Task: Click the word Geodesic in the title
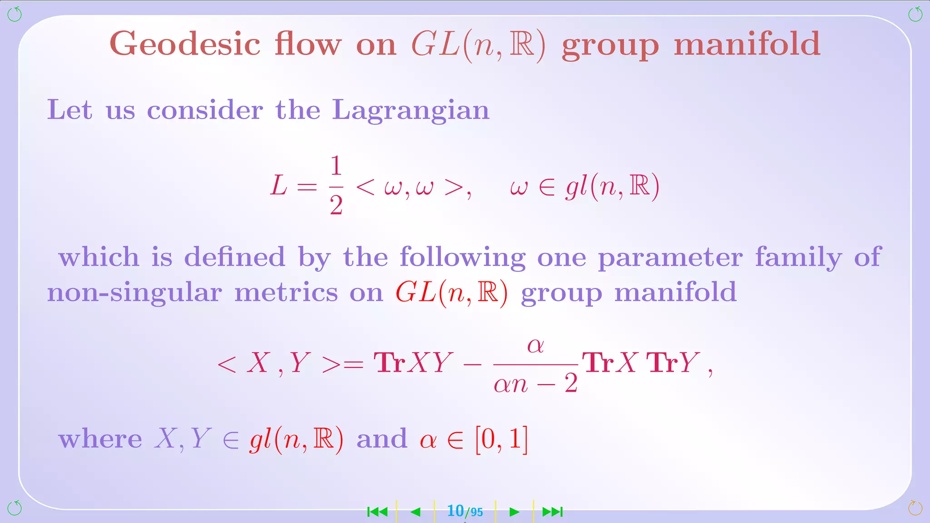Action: click(185, 44)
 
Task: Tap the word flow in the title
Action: click(307, 44)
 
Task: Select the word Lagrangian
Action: click(411, 110)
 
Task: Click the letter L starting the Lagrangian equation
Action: click(279, 186)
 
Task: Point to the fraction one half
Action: click(336, 185)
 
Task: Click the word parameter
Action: click(670, 258)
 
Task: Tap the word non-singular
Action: click(134, 292)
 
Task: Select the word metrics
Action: click(286, 292)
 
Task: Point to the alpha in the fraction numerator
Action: click(535, 345)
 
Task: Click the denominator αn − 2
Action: click(535, 384)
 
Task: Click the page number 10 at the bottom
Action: click(455, 511)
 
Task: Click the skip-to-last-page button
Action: click(553, 512)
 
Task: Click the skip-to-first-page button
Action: click(377, 512)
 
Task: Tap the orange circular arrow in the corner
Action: click(915, 508)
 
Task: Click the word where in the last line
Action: click(100, 439)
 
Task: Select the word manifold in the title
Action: click(747, 44)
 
